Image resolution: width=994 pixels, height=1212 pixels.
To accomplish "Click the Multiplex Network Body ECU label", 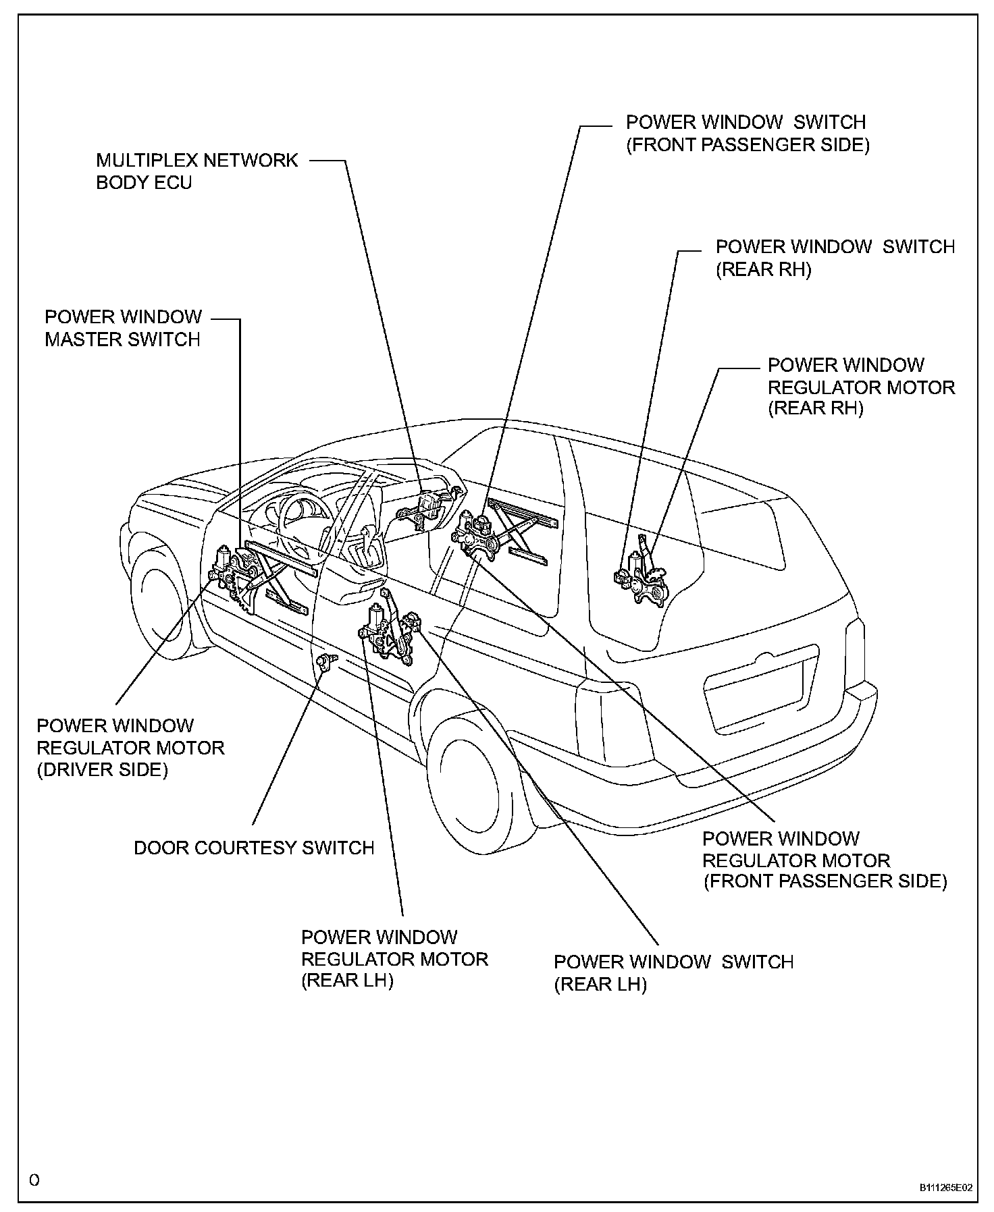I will tap(197, 171).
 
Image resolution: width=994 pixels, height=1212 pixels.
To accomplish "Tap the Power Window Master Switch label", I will tap(123, 328).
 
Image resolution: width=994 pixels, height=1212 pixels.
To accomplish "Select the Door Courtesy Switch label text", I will tap(254, 848).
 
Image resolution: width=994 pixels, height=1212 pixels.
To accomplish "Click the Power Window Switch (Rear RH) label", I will tap(835, 258).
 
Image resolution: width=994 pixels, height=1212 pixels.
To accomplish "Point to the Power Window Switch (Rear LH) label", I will tap(673, 972).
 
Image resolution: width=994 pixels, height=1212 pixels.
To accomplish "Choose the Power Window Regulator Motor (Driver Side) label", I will tap(130, 748).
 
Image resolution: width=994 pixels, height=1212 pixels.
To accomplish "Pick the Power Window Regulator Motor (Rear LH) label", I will tap(394, 958).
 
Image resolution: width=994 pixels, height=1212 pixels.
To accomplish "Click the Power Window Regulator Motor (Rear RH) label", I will tap(861, 387).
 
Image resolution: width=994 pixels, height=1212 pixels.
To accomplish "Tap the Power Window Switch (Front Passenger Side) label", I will tap(748, 134).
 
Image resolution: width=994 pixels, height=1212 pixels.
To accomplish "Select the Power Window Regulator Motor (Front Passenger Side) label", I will tap(825, 860).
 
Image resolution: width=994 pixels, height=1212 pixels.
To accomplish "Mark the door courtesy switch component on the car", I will tap(327, 662).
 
